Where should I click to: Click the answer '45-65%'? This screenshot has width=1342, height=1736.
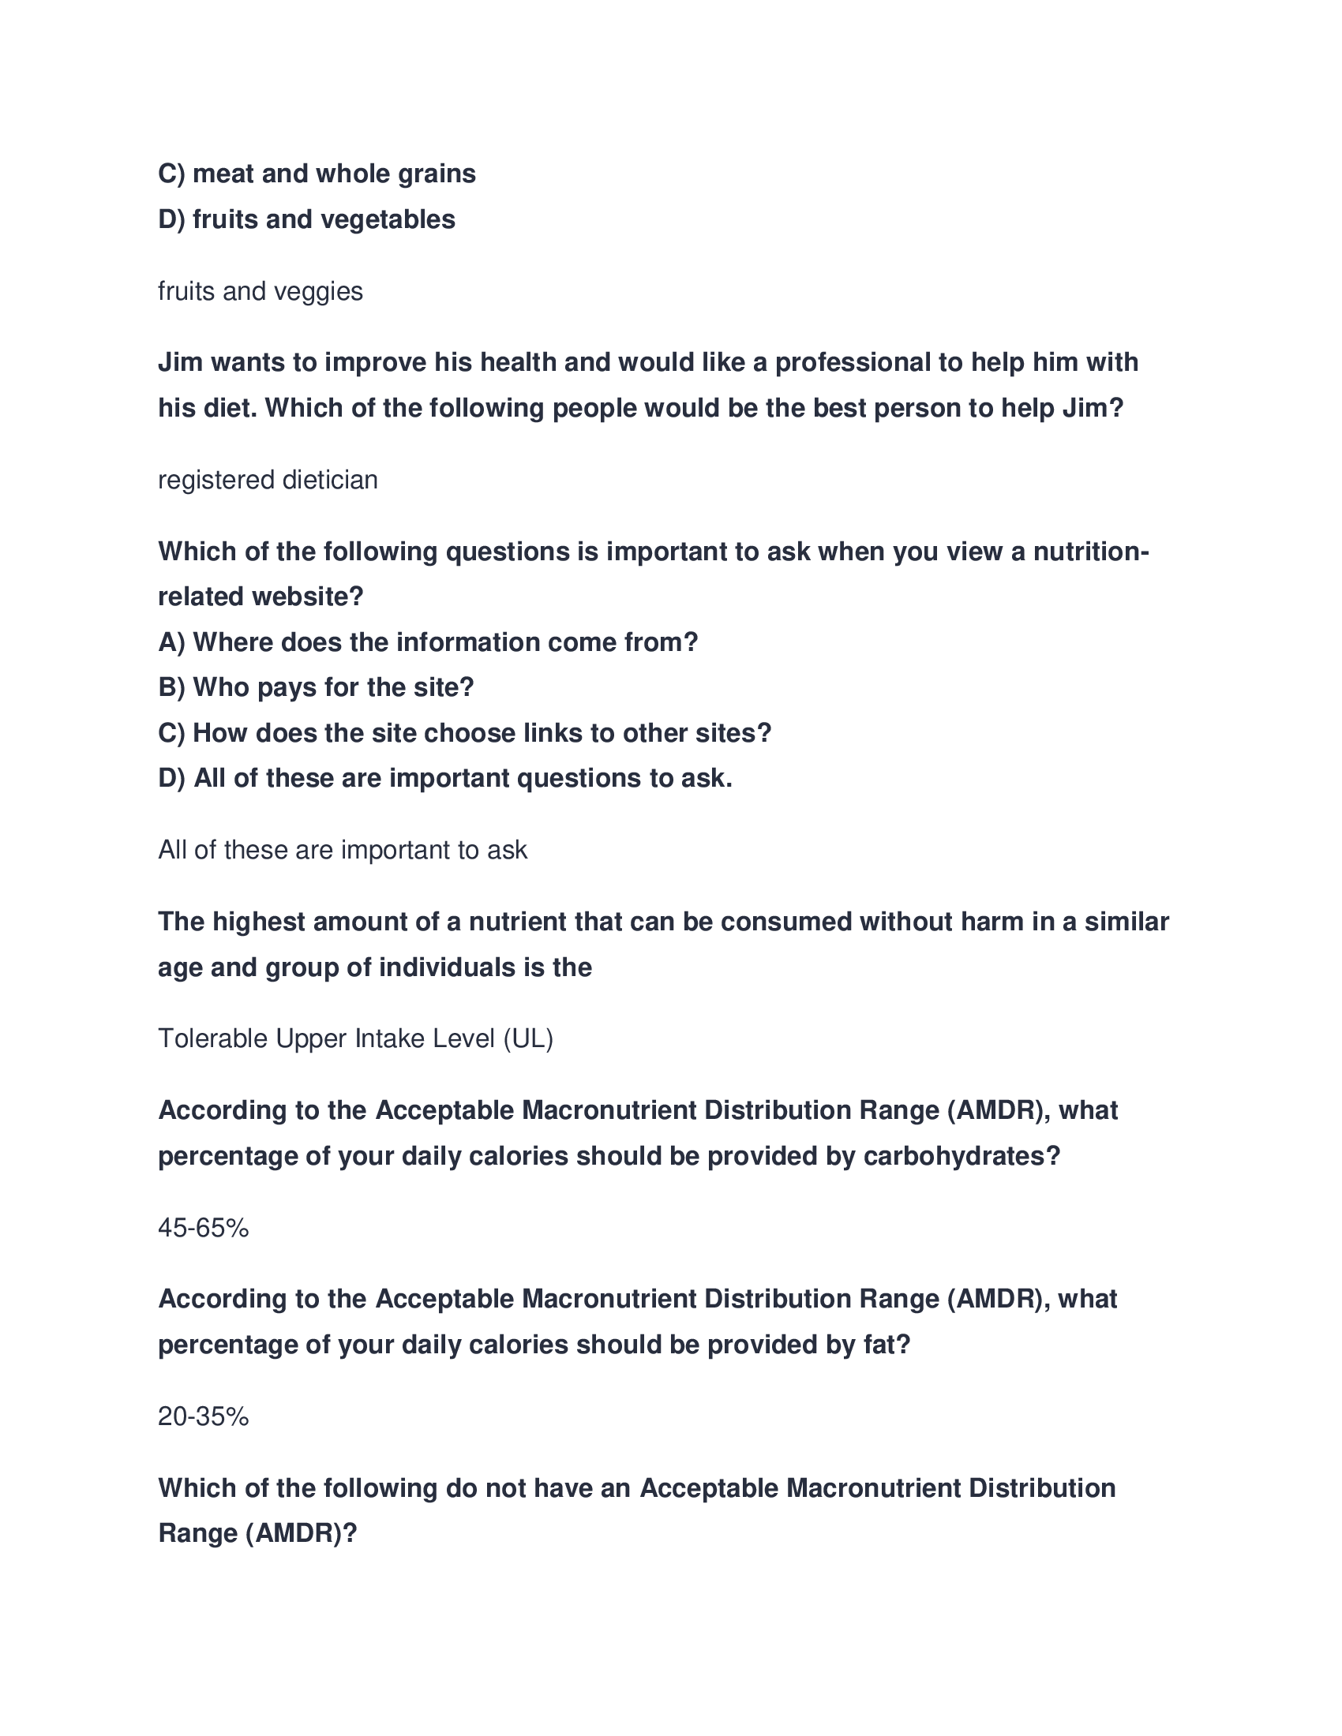[x=204, y=1228]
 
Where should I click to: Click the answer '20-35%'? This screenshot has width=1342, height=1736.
[x=204, y=1416]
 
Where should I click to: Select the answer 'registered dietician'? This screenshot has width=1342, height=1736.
[x=268, y=480]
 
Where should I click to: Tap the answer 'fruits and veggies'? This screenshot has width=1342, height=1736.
[x=260, y=292]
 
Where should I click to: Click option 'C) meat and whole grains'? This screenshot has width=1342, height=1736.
[x=317, y=174]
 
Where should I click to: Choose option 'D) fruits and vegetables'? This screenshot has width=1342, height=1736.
[x=306, y=219]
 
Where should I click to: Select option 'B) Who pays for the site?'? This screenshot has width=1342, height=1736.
[x=316, y=687]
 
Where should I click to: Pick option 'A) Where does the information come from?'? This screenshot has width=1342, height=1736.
[x=428, y=642]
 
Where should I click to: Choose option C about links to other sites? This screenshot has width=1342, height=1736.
[x=464, y=733]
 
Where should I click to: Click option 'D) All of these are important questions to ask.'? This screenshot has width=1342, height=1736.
[x=445, y=778]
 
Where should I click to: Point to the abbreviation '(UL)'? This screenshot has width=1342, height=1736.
[x=528, y=1039]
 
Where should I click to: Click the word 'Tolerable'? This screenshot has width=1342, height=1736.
[x=213, y=1039]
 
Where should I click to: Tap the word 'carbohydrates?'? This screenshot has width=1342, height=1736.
[x=962, y=1157]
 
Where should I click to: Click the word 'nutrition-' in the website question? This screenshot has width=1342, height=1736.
[x=1091, y=552]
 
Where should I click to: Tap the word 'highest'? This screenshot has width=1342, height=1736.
[x=258, y=922]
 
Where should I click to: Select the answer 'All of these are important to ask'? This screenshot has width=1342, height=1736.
[x=343, y=851]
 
